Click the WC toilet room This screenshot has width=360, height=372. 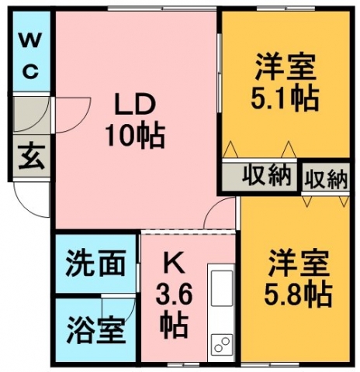pos(31,51)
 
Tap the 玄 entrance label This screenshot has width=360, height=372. pos(32,157)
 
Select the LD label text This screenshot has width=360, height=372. pos(134,105)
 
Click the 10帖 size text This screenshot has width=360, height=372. pos(134,136)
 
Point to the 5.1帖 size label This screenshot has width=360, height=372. pos(285,99)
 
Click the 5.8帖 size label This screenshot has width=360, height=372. pos(298,294)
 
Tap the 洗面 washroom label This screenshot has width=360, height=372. pos(96,263)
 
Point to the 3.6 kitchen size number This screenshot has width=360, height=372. pos(174,294)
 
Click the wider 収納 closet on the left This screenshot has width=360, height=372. pos(259,177)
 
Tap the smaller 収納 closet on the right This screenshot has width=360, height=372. pos(326,177)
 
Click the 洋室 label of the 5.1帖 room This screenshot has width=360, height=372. pos(286,67)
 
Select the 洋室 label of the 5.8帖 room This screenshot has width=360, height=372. pos(299,263)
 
